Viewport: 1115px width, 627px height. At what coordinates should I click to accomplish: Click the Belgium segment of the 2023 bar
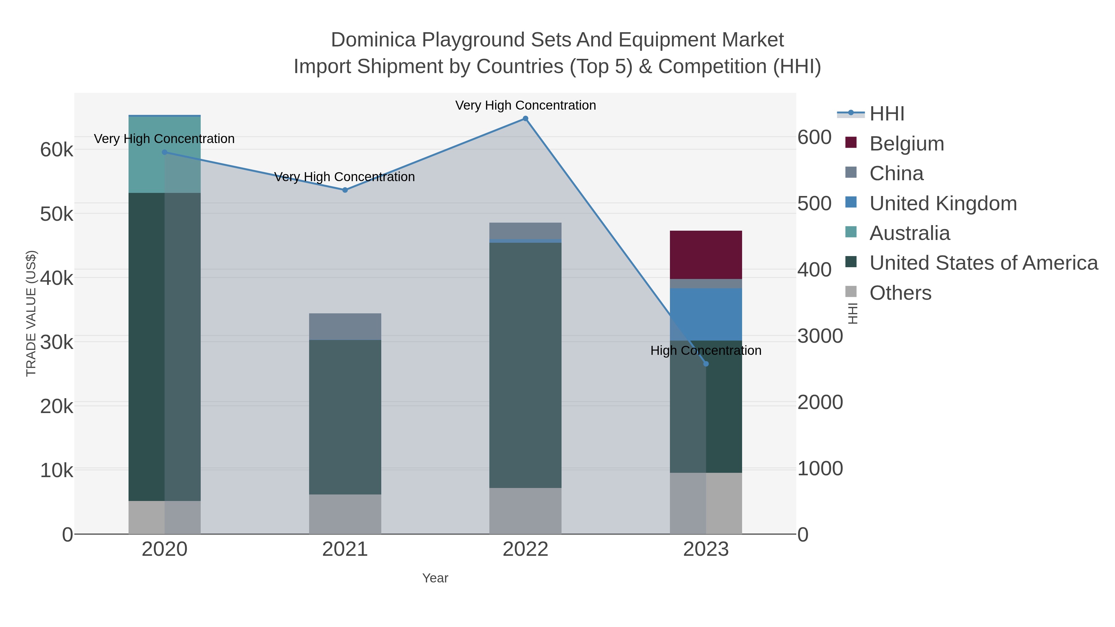706,255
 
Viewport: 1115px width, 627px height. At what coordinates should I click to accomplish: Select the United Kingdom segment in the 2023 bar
706,314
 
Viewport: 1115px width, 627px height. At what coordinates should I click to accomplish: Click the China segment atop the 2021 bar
345,326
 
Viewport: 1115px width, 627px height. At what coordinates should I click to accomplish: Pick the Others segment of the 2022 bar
525,511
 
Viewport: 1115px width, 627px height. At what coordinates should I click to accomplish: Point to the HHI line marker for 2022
525,119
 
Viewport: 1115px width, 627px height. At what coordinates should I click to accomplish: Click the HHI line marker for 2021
345,190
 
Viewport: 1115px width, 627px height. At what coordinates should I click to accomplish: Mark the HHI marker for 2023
706,364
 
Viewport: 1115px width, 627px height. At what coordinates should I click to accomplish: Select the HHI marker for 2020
164,152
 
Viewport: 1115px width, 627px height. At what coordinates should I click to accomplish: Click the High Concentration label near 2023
706,351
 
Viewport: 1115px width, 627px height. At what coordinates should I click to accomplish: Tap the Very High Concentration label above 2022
525,105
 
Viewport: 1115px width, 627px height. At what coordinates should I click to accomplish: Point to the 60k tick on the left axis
57,150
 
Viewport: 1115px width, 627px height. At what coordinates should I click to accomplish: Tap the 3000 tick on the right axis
820,336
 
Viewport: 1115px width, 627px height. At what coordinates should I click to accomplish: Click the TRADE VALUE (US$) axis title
31,313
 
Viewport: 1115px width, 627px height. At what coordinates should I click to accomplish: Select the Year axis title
435,578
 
